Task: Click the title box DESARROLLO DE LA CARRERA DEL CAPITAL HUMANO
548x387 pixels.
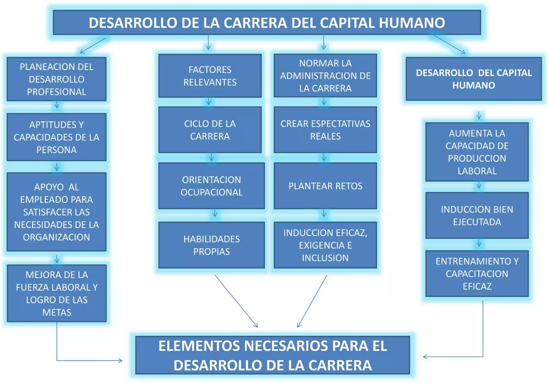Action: coord(267,23)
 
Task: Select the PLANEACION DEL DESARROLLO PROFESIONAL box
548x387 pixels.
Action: coord(56,79)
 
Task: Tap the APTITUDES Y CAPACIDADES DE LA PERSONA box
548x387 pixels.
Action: coord(56,137)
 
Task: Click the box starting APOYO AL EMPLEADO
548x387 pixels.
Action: coord(56,212)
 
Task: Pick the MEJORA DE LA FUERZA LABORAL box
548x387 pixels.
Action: coord(56,293)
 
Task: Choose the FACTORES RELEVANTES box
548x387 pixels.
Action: coord(210,76)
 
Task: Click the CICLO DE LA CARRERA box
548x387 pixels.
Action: coord(210,130)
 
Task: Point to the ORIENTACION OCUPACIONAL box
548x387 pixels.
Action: coord(211,186)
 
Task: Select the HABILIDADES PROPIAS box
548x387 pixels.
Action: coord(211,245)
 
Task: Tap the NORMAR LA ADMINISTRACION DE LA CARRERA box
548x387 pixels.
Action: coord(325,76)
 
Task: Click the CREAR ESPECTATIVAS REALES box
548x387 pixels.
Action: coord(325,130)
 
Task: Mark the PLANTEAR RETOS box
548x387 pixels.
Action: coord(325,186)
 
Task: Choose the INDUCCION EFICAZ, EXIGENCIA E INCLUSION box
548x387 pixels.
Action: coord(325,245)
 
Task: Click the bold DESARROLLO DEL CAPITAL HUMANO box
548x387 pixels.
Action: coord(474,79)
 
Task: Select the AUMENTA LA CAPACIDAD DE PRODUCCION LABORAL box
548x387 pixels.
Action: coord(477,152)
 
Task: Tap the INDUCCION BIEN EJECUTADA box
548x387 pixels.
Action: coord(477,215)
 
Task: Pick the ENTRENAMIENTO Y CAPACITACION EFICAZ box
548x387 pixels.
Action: coord(477,274)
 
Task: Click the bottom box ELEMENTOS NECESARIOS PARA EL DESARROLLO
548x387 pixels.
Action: coord(272,355)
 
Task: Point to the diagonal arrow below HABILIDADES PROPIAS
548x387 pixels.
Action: coord(236,301)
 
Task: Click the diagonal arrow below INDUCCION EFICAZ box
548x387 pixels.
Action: coord(312,301)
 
